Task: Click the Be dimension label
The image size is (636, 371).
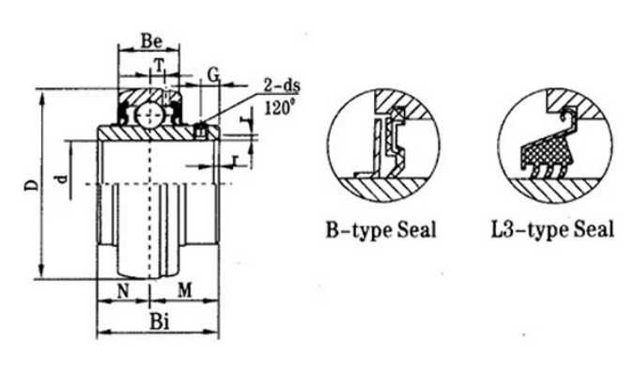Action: [151, 41]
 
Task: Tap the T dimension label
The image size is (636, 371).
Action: [160, 65]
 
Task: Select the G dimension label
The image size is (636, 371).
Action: [213, 74]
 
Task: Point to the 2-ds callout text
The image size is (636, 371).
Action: [282, 86]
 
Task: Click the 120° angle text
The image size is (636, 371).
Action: [279, 108]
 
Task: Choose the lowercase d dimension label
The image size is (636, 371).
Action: [62, 178]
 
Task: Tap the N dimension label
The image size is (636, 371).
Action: [123, 291]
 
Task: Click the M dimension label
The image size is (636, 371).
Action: [184, 290]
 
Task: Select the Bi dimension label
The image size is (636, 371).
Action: [160, 322]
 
